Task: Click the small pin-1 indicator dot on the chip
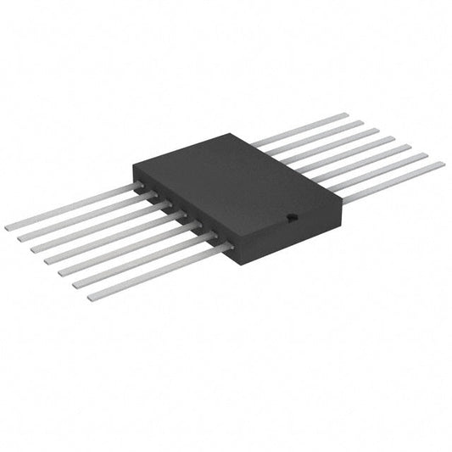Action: coord(290,217)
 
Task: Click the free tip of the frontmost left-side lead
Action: coord(91,298)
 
